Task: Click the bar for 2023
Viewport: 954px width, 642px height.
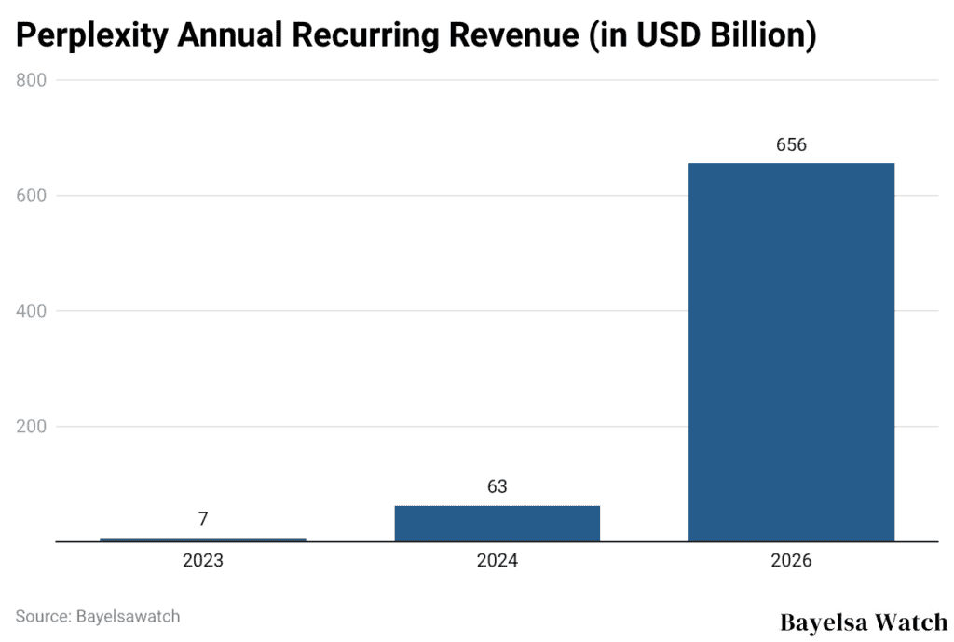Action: point(203,539)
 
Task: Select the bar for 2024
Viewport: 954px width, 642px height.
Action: point(497,523)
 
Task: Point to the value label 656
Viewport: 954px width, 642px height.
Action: point(791,145)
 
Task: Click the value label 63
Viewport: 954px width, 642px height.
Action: point(497,487)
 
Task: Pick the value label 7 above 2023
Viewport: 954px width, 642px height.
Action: point(203,519)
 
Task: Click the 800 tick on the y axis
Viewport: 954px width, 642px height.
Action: point(32,80)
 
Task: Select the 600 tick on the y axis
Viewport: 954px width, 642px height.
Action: point(32,196)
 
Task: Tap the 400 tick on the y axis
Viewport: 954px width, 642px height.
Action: point(32,311)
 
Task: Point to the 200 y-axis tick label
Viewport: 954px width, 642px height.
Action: point(32,427)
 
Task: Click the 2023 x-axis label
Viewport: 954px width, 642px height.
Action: point(203,561)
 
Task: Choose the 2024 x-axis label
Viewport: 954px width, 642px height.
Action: point(497,561)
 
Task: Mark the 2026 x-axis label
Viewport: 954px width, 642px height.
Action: point(791,561)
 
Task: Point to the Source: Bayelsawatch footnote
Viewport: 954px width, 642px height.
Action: point(98,616)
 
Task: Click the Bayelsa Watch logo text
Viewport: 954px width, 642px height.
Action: point(863,622)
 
